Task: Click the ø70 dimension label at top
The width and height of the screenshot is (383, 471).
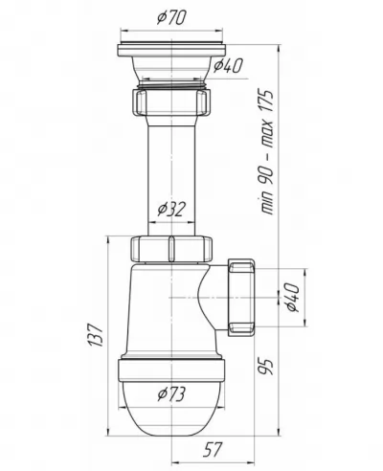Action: [x=171, y=18]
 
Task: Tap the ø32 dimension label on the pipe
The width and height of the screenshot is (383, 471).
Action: [x=171, y=210]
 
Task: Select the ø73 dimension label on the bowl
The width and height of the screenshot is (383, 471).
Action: [x=171, y=394]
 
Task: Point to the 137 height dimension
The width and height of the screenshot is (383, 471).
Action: [x=95, y=335]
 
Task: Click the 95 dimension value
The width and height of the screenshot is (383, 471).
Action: [x=265, y=367]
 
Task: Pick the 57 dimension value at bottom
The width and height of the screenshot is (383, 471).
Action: [x=213, y=449]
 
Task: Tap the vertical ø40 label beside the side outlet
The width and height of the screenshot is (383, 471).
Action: [x=293, y=298]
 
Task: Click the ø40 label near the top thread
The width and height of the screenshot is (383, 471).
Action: [x=228, y=65]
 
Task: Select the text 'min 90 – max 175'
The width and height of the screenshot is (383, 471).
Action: [x=265, y=152]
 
